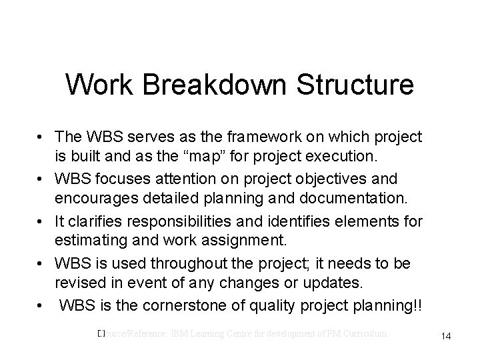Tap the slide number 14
[x=446, y=337]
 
